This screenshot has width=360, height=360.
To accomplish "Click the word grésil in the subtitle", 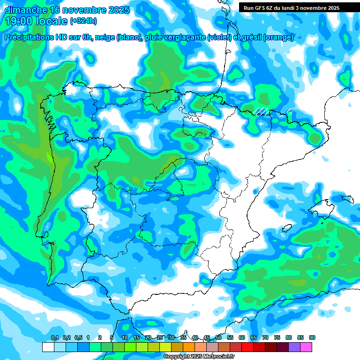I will (x=252, y=37).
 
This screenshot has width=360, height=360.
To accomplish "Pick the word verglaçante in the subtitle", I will (x=182, y=37).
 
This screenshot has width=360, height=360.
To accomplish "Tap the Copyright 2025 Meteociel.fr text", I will (x=199, y=357).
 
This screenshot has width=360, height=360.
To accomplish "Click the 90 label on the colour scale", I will (x=312, y=338).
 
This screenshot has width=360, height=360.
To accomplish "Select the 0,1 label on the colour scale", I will (x=55, y=338).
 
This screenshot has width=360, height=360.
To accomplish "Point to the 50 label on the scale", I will (x=218, y=338).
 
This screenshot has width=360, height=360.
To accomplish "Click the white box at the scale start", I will (x=48, y=347).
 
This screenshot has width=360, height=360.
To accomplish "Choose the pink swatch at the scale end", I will (x=306, y=347).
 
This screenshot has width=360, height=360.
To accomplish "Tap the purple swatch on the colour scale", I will (x=294, y=347).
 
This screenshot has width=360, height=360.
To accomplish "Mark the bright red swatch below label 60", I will (x=247, y=347).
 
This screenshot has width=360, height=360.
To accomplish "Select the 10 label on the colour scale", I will (x=125, y=338).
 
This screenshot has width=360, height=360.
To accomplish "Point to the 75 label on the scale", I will (x=277, y=338).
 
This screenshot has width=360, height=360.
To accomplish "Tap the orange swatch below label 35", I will (x=189, y=347).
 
